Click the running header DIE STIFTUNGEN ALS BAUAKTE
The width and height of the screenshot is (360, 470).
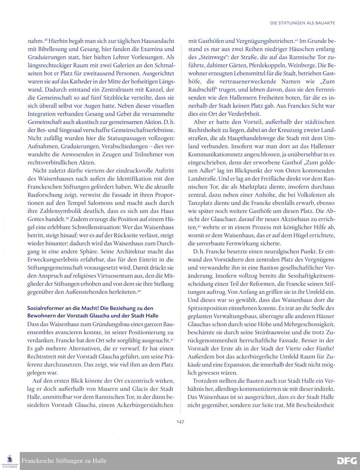point(302,23)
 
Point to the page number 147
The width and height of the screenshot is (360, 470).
point(180,422)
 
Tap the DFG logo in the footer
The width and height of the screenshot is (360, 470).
point(347,461)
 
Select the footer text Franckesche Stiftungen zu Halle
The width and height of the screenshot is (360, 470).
point(64,461)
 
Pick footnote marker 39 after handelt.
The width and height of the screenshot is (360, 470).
point(67,218)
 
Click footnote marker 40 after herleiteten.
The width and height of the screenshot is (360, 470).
point(139,291)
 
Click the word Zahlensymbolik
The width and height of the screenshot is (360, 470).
point(57,211)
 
